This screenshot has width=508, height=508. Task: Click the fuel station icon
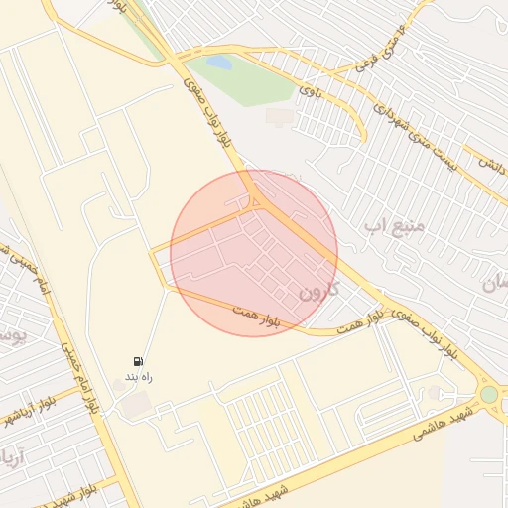138,361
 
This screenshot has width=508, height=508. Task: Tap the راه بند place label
138,378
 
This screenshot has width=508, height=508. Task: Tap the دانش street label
490,162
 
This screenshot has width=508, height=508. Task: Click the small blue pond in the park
219,63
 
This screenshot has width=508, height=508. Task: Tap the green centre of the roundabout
488,394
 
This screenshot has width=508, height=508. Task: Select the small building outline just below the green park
280,117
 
